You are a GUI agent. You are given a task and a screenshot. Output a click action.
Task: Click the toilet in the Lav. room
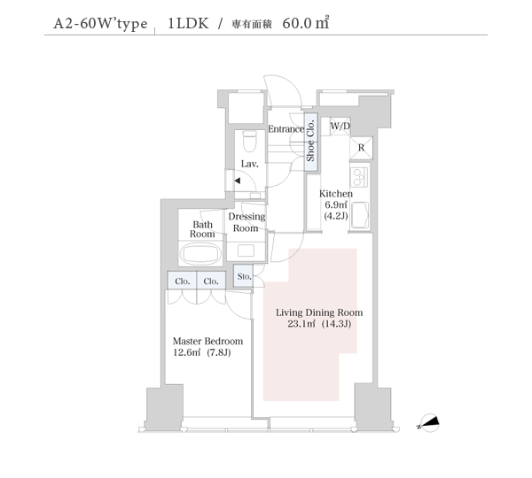[250, 141]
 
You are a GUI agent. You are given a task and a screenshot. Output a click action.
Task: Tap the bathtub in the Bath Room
[200, 253]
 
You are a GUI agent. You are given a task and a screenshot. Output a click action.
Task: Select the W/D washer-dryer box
[340, 127]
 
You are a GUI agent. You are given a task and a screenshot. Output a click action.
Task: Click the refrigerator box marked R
[362, 148]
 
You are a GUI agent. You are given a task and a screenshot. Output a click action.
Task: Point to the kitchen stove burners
[360, 177]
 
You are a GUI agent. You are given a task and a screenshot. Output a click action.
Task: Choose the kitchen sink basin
[360, 215]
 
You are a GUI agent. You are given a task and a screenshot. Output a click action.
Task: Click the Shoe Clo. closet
[311, 142]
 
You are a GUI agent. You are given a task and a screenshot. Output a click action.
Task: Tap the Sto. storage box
[243, 276]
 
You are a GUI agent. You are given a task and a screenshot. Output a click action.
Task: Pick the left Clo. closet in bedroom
[182, 281]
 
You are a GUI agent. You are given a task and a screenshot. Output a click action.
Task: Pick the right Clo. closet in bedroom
[211, 281]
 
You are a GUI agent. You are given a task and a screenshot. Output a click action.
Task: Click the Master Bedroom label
[207, 341]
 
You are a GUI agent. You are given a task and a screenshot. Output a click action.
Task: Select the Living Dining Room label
[319, 312]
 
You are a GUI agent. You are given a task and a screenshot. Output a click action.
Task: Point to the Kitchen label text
[336, 194]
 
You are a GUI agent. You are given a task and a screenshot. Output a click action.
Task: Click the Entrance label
[286, 128]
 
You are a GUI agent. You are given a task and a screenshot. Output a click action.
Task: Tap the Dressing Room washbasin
[246, 251]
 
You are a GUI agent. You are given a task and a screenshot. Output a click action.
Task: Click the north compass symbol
[429, 423]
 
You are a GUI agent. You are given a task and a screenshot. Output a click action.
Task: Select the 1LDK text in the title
[188, 23]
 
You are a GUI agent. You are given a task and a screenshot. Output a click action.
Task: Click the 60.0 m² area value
[306, 23]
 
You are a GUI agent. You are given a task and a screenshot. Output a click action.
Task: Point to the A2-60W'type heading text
[100, 24]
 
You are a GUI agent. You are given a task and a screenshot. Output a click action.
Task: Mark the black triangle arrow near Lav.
[238, 181]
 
